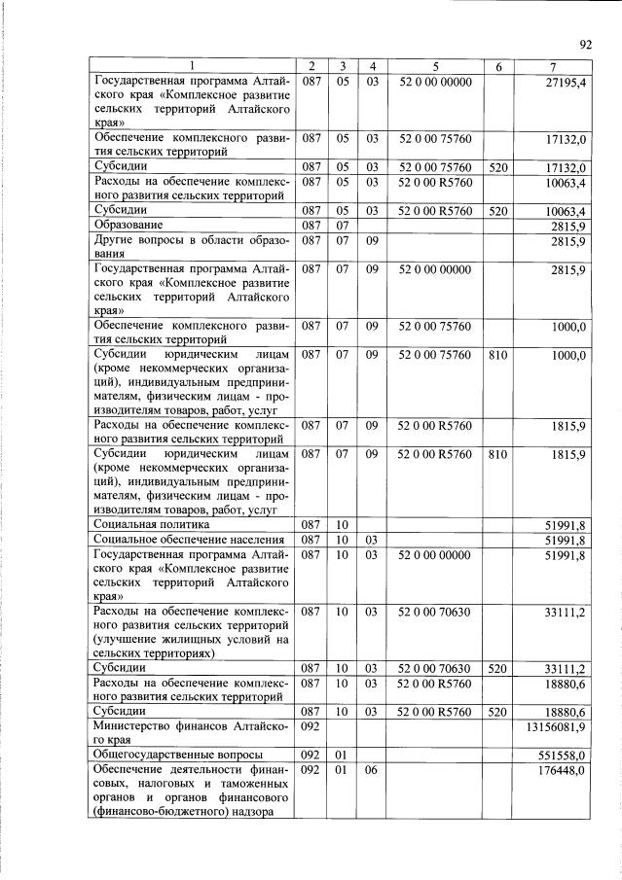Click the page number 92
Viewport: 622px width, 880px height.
coord(586,44)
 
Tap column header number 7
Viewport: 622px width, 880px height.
coord(552,66)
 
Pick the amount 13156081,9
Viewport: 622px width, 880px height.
coord(555,727)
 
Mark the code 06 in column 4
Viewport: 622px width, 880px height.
coord(371,770)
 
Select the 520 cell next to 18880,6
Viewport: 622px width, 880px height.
coord(498,711)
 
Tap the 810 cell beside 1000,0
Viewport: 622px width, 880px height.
coord(498,356)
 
